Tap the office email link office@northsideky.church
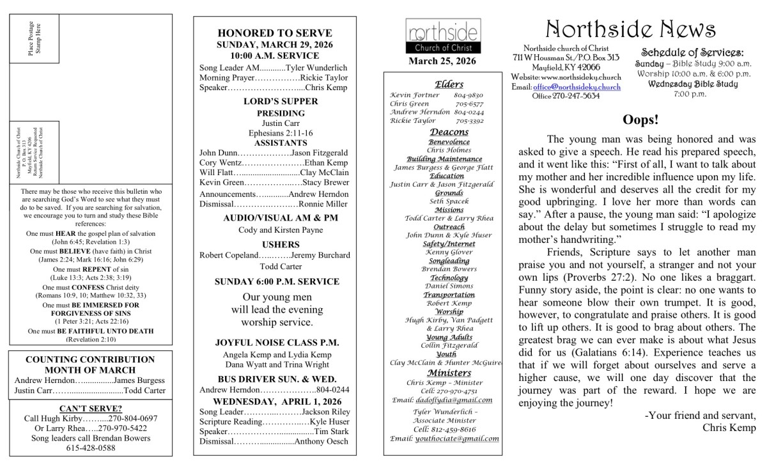(x=577, y=87)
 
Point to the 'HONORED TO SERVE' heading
(x=274, y=33)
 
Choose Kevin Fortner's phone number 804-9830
(x=473, y=95)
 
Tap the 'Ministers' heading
(x=449, y=373)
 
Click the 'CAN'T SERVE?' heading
(x=91, y=408)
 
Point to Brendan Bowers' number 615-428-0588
(x=91, y=448)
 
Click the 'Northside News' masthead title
(x=631, y=29)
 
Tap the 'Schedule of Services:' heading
(x=692, y=53)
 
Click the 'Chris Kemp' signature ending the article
(x=729, y=428)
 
